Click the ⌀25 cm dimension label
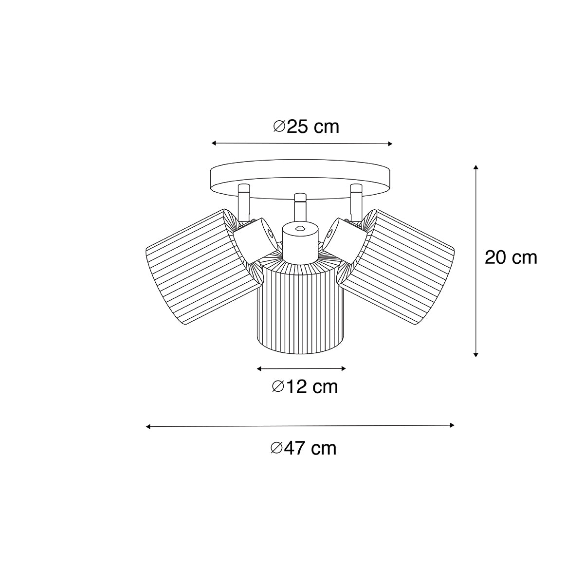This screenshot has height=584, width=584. click(306, 127)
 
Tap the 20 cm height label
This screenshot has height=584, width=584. click(511, 258)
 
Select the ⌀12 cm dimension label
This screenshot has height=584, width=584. click(305, 387)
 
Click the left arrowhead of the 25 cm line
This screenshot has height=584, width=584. click(214, 143)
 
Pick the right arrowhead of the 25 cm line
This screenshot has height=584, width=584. click(390, 144)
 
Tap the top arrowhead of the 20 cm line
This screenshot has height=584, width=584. click(476, 167)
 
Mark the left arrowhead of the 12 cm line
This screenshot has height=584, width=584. click(259, 368)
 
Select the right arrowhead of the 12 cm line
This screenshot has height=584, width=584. click(344, 368)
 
